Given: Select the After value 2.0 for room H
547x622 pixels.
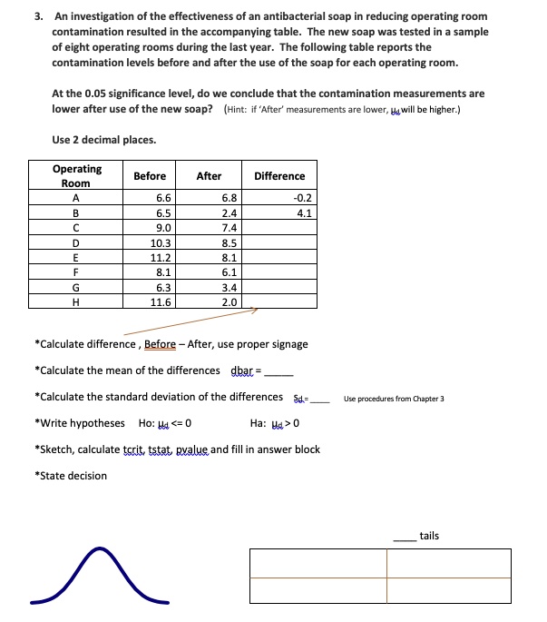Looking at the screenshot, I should (230, 302).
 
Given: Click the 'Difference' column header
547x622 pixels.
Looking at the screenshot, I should (279, 175).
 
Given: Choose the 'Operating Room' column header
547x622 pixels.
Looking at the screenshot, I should (77, 175).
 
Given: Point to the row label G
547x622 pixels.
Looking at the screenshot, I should (77, 287).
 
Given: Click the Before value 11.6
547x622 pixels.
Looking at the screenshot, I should (161, 302).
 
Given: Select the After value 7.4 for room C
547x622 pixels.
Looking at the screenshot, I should (230, 228).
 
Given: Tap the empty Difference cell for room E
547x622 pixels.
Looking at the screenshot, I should (279, 257).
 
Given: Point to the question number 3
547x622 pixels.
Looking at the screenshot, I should (38, 16).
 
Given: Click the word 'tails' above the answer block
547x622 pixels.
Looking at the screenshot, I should (429, 536).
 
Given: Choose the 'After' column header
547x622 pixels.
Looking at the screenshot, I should (209, 175).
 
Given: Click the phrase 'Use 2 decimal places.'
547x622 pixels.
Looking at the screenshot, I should (104, 139).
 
